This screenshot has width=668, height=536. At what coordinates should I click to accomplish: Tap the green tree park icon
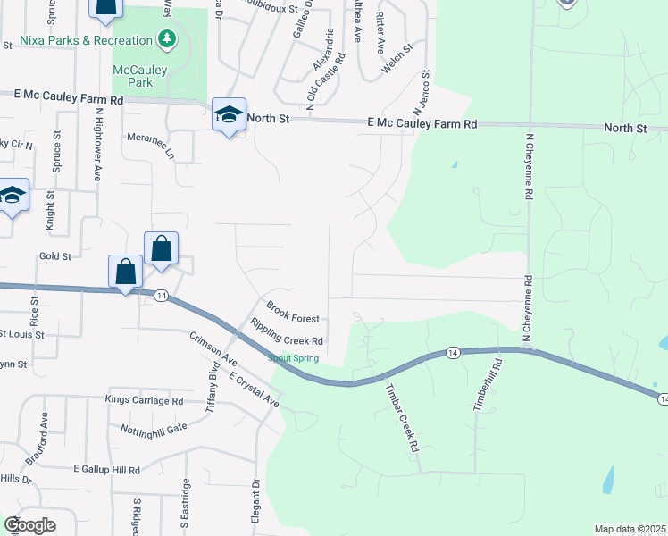click(165, 39)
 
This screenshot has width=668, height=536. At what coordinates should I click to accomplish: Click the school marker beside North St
click(229, 115)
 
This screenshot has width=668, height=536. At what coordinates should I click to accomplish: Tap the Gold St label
click(54, 256)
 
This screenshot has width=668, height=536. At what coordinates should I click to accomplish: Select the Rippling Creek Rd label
click(286, 332)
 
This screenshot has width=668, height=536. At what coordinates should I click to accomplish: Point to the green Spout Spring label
click(294, 359)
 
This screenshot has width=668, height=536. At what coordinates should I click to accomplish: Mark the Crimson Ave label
click(213, 349)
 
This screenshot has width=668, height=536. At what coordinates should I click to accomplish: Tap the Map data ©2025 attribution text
click(629, 529)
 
